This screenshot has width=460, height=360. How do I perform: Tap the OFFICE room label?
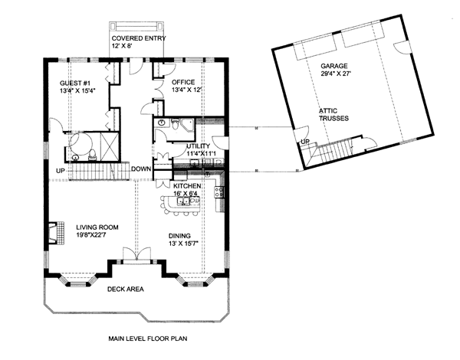point(183,82)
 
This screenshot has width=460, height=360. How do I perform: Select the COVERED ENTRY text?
point(139,38)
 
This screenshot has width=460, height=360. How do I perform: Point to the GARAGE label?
point(333,66)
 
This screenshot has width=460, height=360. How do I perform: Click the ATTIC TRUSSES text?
point(333,115)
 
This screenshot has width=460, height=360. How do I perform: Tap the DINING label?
point(179,236)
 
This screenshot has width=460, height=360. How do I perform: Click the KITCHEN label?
point(187,186)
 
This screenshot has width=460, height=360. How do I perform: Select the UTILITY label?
point(199,146)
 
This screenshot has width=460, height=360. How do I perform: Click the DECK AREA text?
point(126,290)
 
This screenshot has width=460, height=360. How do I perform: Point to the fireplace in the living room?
point(56,233)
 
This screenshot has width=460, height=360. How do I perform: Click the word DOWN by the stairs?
point(141,169)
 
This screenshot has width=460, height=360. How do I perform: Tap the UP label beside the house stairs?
point(60,171)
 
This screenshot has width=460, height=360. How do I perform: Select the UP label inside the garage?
point(305,142)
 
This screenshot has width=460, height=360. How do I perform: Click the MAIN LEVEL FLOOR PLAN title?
point(148,339)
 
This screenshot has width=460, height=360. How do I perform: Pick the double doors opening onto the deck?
point(137,254)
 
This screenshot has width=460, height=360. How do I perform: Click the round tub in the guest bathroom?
point(80,144)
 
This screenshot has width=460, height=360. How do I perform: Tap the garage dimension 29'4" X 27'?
point(336,74)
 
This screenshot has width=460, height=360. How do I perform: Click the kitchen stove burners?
point(219,192)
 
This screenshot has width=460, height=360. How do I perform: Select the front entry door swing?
point(136,67)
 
